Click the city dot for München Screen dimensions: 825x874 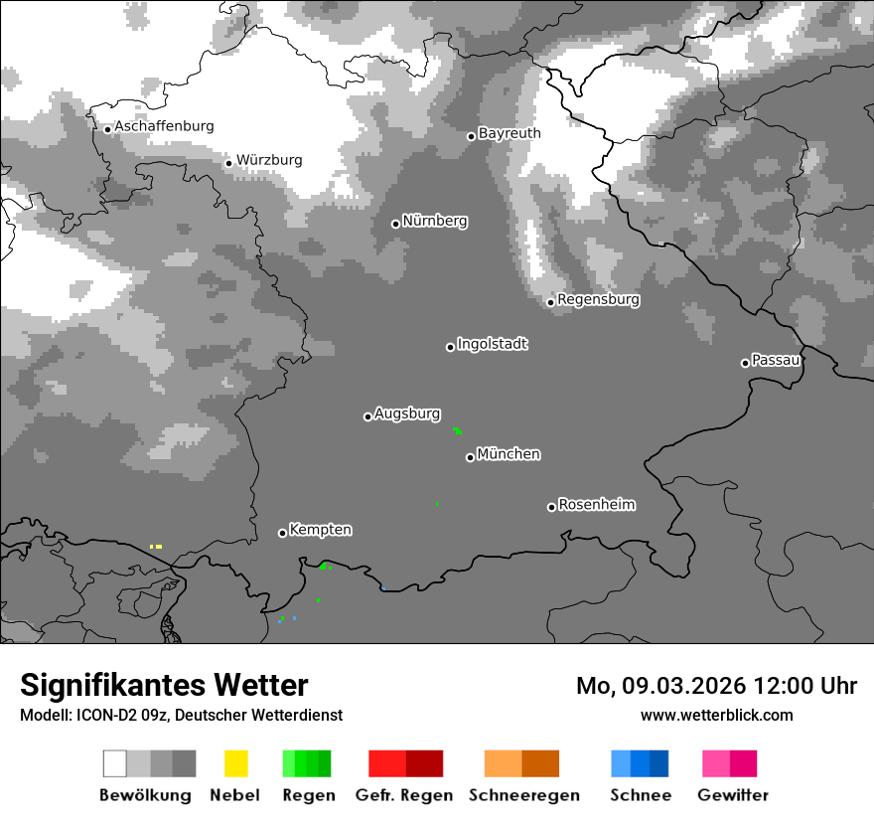click(x=470, y=457)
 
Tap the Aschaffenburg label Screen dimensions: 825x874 click(x=164, y=126)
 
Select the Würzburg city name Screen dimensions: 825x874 click(x=269, y=160)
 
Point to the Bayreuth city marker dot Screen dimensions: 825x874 click(x=472, y=136)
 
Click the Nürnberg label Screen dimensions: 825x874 click(x=435, y=221)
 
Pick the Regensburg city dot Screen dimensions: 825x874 click(x=550, y=302)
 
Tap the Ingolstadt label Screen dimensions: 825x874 click(x=492, y=344)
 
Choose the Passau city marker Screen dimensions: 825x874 click(x=745, y=363)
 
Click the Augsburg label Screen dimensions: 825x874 click(x=407, y=413)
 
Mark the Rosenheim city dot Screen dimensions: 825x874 click(x=551, y=507)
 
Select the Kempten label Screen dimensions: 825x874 click(x=320, y=530)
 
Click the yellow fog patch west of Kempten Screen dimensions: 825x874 click(x=156, y=546)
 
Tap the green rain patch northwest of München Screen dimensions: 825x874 click(x=457, y=430)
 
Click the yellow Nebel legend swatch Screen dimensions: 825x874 click(x=235, y=763)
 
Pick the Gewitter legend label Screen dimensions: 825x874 click(x=733, y=795)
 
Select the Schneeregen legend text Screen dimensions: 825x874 click(x=523, y=795)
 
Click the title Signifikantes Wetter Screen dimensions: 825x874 click(x=164, y=685)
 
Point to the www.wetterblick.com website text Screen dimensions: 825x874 click(x=716, y=715)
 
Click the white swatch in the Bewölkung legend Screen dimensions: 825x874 click(x=114, y=763)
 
